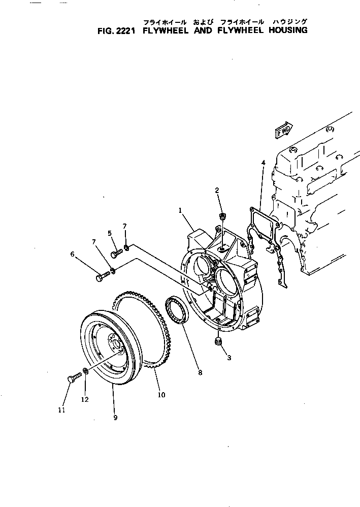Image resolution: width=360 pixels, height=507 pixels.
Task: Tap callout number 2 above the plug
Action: [217, 190]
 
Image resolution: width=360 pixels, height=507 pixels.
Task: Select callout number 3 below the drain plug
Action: [229, 358]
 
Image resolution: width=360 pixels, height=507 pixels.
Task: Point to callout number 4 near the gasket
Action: [263, 163]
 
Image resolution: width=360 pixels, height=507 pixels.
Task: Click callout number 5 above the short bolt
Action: [109, 233]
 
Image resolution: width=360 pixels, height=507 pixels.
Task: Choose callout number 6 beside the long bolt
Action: [72, 254]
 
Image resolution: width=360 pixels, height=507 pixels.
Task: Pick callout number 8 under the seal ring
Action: [200, 372]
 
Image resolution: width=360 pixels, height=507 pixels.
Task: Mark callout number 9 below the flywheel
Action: [115, 418]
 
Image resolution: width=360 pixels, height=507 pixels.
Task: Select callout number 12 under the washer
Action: [85, 399]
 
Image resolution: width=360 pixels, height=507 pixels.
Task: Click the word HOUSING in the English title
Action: [287, 30]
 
